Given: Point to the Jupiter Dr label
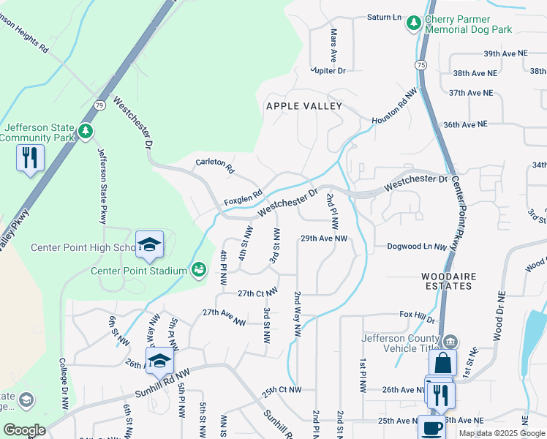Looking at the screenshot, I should (328, 70).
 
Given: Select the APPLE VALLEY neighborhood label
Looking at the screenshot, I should (304, 106).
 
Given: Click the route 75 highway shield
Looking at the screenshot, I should (421, 65).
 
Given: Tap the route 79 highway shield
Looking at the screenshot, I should (98, 105).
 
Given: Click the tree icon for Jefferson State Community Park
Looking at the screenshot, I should (86, 131).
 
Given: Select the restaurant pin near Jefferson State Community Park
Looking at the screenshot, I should (30, 157).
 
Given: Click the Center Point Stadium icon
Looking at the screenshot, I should (198, 271).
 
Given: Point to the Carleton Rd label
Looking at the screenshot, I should (215, 165).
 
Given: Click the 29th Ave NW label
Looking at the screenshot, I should (323, 239).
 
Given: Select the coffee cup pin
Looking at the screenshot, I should (431, 427).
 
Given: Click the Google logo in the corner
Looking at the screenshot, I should (24, 429).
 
